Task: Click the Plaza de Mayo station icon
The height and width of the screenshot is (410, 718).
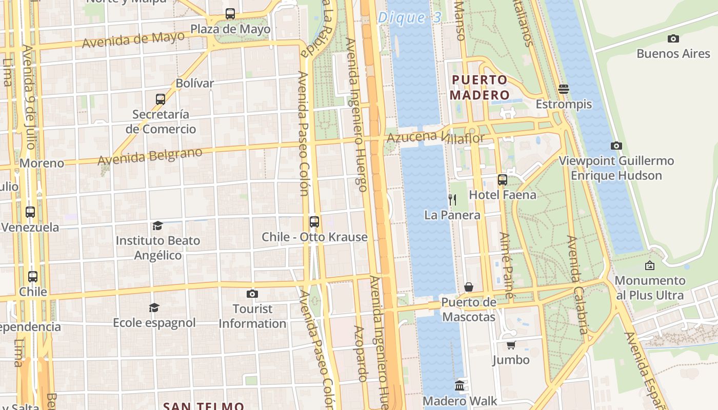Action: (230, 14)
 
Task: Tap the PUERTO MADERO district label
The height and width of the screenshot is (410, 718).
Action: (480, 88)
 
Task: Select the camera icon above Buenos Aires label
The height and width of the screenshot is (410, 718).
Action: (673, 38)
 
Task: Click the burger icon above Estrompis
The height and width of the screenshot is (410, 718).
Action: (564, 89)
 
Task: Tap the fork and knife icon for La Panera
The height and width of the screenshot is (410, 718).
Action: (452, 199)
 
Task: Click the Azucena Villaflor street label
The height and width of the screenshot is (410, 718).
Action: (435, 137)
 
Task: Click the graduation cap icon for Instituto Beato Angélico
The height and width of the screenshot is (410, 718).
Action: (157, 225)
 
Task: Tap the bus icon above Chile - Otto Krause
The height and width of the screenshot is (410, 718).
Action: (314, 222)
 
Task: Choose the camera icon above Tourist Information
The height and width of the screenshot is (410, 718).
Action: (252, 294)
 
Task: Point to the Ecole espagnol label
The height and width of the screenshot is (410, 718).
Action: (154, 323)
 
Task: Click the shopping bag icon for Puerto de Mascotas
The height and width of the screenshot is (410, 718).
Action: (469, 287)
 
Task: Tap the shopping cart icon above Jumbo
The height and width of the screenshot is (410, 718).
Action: (511, 345)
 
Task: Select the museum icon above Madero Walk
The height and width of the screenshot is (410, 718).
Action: (460, 386)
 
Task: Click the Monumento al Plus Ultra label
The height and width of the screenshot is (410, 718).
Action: (650, 288)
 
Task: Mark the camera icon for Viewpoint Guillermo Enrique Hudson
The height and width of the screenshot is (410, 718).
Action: (616, 146)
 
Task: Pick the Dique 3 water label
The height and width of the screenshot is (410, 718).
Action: (409, 18)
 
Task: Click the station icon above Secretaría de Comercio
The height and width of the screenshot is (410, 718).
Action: (161, 99)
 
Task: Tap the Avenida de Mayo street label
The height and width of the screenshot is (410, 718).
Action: (133, 39)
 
